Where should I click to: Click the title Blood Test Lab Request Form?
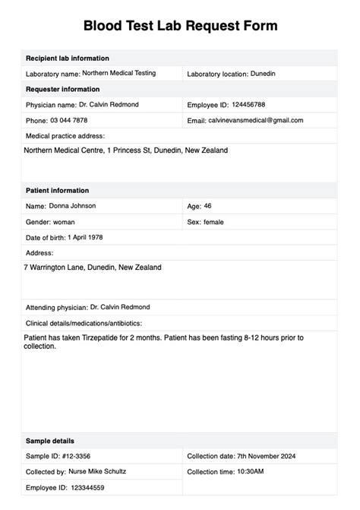(180, 26)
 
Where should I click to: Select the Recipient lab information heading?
(67, 58)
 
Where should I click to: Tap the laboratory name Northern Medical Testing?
(119, 73)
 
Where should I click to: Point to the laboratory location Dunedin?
(264, 74)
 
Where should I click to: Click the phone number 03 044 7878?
(68, 120)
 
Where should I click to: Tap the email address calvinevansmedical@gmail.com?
(256, 120)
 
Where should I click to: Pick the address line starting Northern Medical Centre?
(125, 150)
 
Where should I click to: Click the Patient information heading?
(57, 190)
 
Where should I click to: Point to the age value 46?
(208, 206)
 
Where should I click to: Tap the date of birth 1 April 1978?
(96, 237)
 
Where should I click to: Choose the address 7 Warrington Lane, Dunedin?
(93, 268)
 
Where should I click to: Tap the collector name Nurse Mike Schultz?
(96, 471)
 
